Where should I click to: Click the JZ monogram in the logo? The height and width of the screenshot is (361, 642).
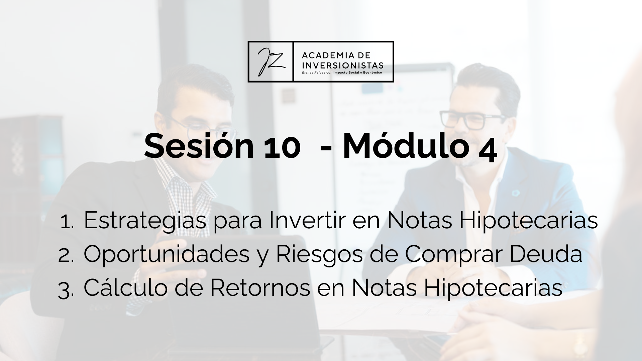(x=271, y=62)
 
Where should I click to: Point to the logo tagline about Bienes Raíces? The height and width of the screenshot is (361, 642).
(x=342, y=72)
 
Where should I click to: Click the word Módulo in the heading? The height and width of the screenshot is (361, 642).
(x=405, y=146)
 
